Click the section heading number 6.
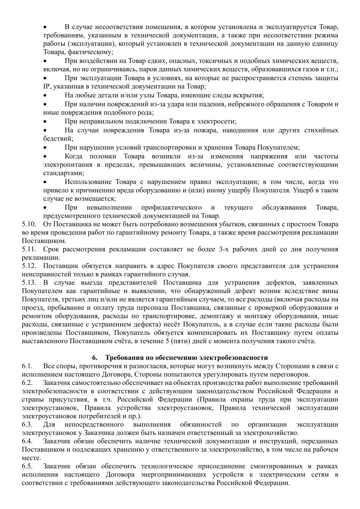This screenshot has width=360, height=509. (x=94, y=358)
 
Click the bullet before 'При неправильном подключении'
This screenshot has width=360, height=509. (x=45, y=122)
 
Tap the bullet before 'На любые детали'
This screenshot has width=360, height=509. (x=45, y=96)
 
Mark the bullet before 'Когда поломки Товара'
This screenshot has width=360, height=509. (x=45, y=157)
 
